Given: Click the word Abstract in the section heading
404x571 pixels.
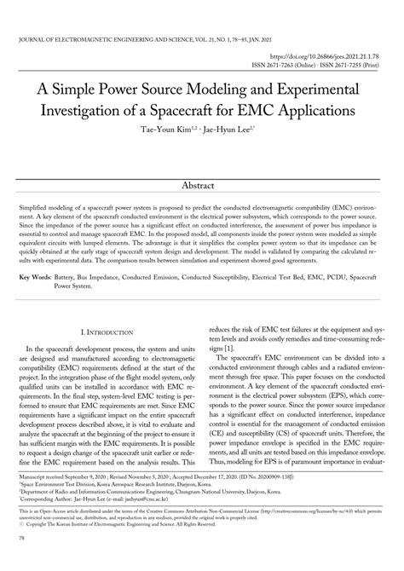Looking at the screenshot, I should pos(202,186).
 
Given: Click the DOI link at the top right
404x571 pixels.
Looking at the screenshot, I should pos(315,53).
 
